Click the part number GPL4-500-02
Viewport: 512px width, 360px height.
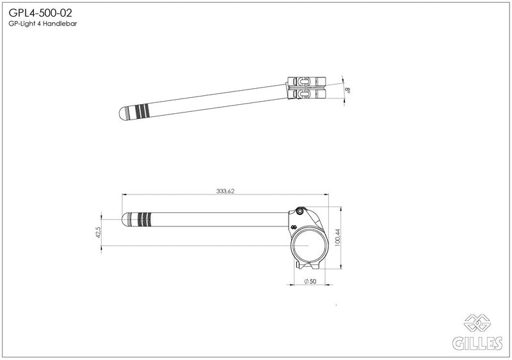click(40, 13)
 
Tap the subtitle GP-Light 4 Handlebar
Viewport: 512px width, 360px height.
click(43, 24)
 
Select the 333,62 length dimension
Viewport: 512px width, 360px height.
click(225, 191)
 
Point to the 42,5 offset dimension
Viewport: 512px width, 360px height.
click(98, 232)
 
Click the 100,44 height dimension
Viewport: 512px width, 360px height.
click(337, 237)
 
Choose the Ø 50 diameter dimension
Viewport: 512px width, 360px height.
click(310, 281)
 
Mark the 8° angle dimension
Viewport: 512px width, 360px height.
click(348, 90)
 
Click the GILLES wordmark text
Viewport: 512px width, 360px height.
click(477, 343)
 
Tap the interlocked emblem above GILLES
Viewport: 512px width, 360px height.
click(477, 322)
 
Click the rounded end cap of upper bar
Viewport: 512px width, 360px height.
click(122, 113)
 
